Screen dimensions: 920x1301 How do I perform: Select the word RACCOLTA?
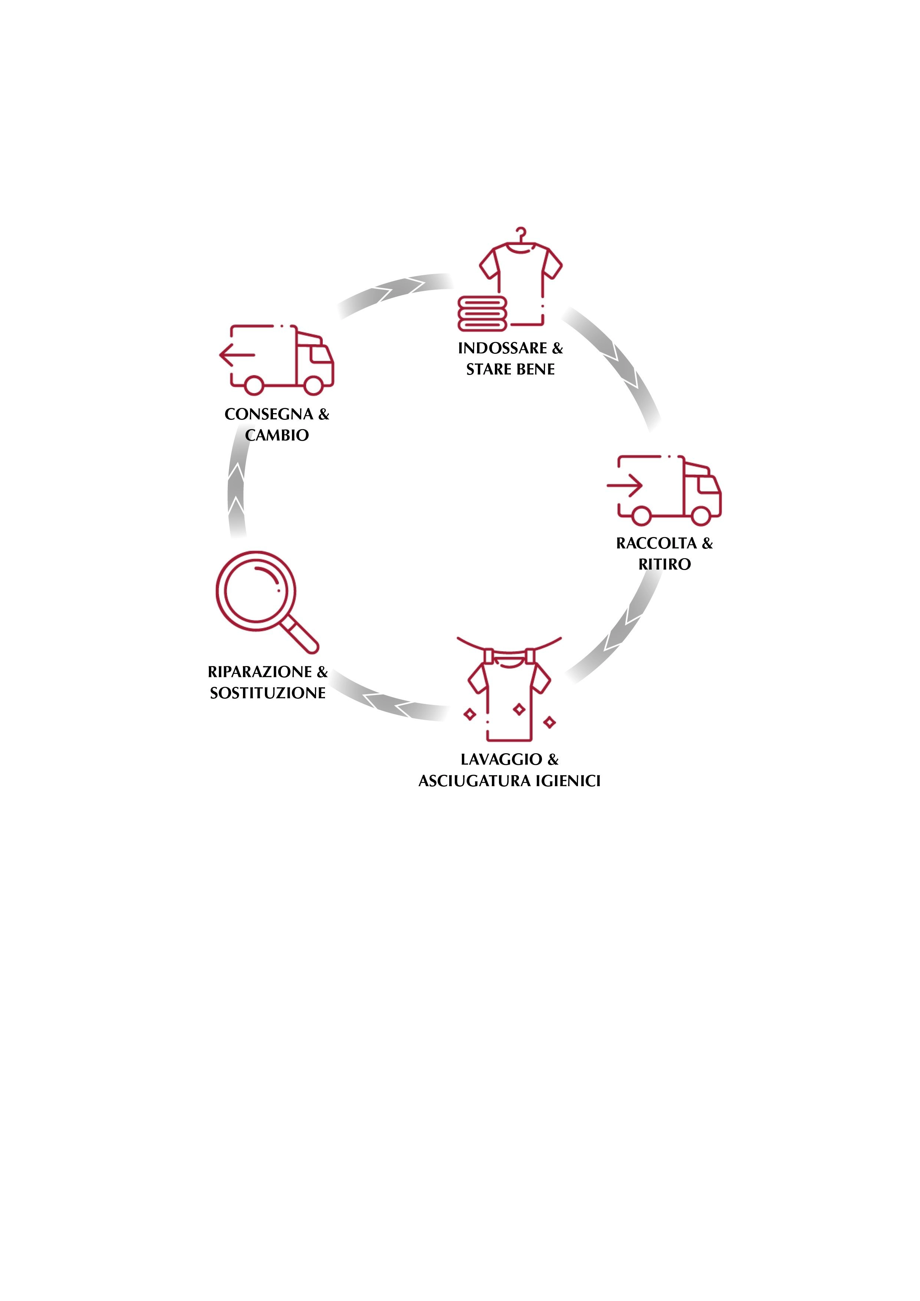pyautogui.click(x=656, y=543)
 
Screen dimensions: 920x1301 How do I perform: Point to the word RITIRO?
pyautogui.click(x=664, y=564)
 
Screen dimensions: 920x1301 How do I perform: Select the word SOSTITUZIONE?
pyautogui.click(x=267, y=693)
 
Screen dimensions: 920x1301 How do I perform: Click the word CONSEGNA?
pyautogui.click(x=269, y=414)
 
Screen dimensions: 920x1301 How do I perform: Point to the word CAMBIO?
pyautogui.click(x=277, y=435)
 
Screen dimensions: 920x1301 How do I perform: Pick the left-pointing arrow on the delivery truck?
pyautogui.click(x=237, y=355)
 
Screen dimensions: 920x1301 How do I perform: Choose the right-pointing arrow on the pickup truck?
pyautogui.click(x=625, y=485)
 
